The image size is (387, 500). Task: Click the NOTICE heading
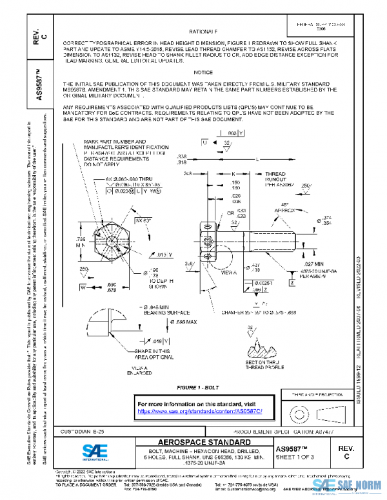203,72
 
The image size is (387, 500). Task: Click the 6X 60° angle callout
143,220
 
